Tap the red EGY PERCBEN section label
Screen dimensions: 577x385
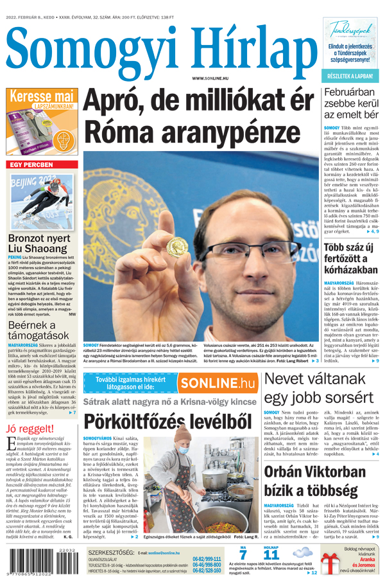[x=31, y=165]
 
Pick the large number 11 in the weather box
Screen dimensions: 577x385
[x=271, y=555]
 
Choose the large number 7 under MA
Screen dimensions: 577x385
[x=243, y=555]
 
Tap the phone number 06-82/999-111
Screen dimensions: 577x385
[x=207, y=559]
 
